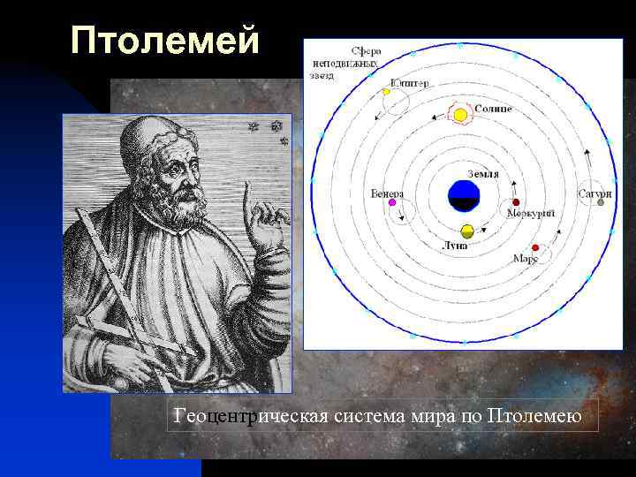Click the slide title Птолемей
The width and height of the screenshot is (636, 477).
click(x=165, y=40)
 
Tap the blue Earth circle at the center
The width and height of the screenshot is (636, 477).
click(x=464, y=195)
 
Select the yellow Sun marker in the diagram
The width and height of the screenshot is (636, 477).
click(x=460, y=115)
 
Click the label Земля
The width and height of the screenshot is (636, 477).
click(x=482, y=174)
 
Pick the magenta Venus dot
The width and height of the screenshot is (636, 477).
click(x=392, y=202)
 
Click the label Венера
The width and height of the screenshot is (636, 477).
click(x=388, y=193)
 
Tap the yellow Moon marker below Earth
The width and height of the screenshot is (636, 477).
click(x=467, y=231)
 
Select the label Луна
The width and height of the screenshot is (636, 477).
click(x=456, y=245)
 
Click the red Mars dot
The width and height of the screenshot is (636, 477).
click(x=535, y=247)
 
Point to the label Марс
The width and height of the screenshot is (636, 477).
click(x=526, y=260)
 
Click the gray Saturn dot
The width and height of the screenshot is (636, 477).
click(x=601, y=202)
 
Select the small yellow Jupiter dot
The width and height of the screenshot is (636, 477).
click(x=386, y=92)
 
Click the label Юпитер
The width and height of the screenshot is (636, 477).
click(x=410, y=84)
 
